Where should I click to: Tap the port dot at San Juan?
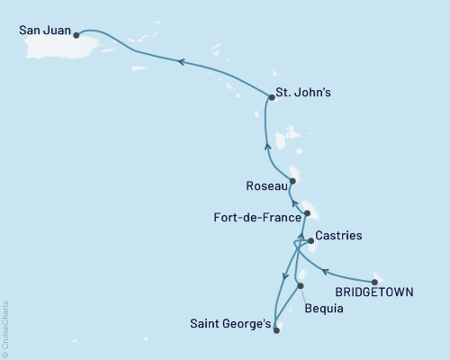[76, 36]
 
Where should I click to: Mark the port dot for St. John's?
[269, 98]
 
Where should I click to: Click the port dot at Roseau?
[292, 181]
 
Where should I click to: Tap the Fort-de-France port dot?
[307, 213]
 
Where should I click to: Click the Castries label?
[340, 236]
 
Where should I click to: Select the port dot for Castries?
[310, 241]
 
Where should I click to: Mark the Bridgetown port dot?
[374, 281]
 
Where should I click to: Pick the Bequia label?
[323, 308]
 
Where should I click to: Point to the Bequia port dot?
[300, 286]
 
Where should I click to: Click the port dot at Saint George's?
[275, 330]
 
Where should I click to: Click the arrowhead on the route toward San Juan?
[181, 62]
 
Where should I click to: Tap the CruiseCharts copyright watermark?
[5, 328]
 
